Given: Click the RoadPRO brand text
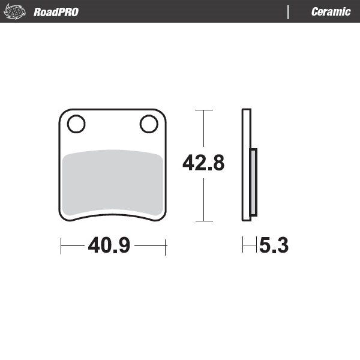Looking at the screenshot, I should (56, 12).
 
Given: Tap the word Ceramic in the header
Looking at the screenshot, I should (331, 12).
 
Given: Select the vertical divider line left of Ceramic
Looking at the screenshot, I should (289, 12).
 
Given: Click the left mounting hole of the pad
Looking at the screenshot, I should (76, 124).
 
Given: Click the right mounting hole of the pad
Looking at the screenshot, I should (148, 124).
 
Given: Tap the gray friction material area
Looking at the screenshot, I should (113, 180).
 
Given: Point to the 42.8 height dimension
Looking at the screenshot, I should (203, 163).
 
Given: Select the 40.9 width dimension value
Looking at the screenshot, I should (109, 245).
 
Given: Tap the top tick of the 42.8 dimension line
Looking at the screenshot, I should (204, 110).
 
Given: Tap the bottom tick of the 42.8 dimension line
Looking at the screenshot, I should (204, 221).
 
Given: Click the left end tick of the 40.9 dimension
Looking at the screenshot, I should (61, 245).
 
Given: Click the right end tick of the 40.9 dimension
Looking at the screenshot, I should (166, 245).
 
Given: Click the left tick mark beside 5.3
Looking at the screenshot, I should (243, 245).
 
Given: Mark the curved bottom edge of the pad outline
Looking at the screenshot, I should (113, 212).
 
